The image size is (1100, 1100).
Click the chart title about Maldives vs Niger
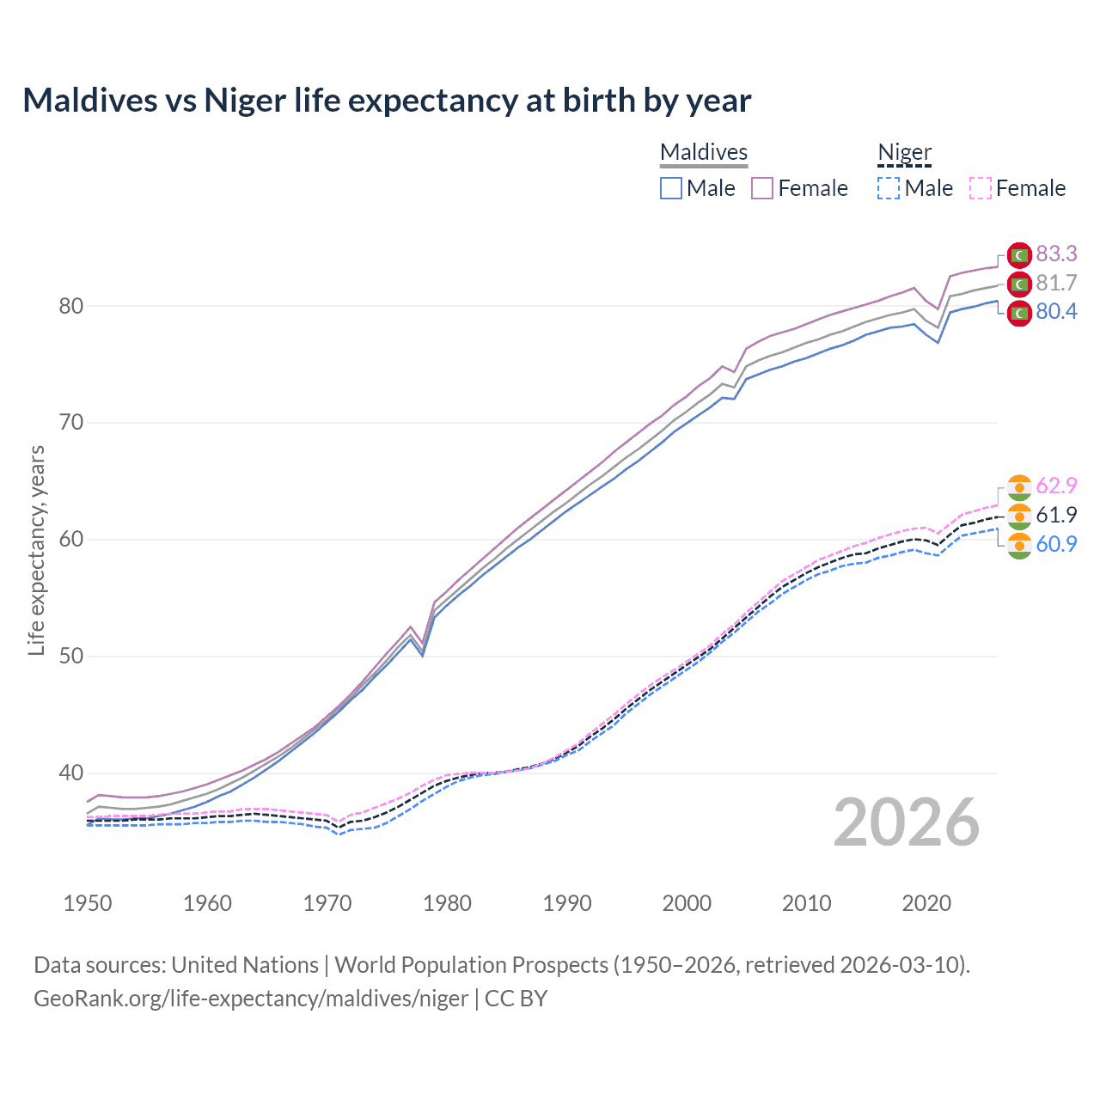[387, 101]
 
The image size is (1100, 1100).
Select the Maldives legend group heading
[704, 152]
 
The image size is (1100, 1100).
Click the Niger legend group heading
[904, 152]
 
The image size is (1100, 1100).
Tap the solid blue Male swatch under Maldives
[671, 188]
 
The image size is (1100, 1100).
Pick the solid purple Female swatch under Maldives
[762, 188]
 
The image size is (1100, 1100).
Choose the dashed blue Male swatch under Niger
[889, 188]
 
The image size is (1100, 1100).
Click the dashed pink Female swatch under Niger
[981, 188]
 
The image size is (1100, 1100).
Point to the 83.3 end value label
[1056, 254]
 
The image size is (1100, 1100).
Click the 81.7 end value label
[1056, 283]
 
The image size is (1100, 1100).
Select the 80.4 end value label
[1056, 311]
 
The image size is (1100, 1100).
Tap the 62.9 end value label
[1056, 486]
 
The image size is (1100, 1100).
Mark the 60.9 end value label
[1056, 544]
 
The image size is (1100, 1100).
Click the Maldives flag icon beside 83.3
[1019, 255]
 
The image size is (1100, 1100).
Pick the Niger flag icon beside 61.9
[1019, 516]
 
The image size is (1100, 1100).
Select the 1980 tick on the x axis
[447, 903]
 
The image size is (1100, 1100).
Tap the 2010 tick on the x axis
[806, 903]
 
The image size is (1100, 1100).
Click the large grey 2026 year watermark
[907, 822]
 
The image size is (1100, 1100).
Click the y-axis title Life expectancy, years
[36, 550]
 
